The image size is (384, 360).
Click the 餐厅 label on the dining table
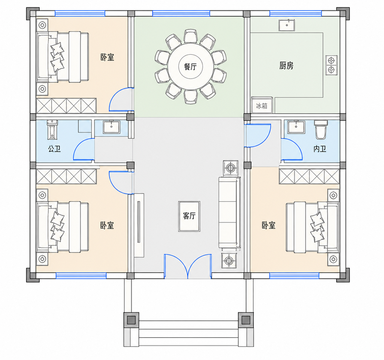(190, 67)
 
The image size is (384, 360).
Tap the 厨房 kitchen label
(286, 66)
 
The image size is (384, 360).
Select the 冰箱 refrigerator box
(262, 105)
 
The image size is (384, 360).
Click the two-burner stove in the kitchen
(332, 65)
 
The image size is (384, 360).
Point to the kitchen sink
(287, 25)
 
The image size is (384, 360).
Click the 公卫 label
(54, 149)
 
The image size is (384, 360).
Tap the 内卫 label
(320, 149)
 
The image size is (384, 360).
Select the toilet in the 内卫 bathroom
(321, 129)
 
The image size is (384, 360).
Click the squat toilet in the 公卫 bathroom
(52, 129)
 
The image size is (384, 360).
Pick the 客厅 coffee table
(189, 216)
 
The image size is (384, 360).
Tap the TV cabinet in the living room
(139, 225)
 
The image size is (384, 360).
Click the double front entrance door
(188, 267)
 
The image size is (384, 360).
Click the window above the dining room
(181, 13)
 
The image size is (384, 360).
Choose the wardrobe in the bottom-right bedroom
(309, 176)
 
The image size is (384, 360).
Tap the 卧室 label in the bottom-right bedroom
(268, 225)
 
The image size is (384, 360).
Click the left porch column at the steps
(131, 320)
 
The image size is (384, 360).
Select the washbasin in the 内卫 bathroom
(296, 127)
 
